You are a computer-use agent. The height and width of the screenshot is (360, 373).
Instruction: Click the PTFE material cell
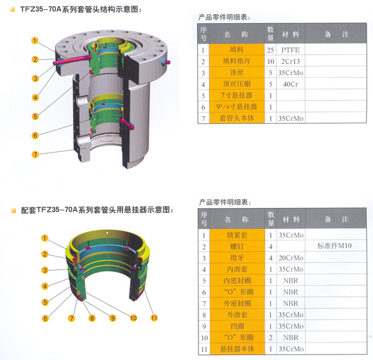(x=290, y=50)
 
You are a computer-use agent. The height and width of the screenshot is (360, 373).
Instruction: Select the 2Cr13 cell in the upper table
(x=290, y=61)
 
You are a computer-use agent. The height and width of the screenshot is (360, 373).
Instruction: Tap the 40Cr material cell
(x=290, y=84)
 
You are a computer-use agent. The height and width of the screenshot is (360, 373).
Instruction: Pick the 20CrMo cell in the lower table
(x=291, y=258)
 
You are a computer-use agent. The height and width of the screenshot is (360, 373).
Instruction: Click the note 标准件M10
(x=334, y=245)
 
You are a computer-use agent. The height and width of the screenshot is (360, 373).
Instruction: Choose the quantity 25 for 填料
(x=270, y=50)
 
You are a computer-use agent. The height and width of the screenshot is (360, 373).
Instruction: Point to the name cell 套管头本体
(x=236, y=118)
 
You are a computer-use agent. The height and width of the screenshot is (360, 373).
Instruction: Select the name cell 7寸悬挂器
(x=236, y=96)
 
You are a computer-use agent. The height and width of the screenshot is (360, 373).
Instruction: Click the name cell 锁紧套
(x=237, y=235)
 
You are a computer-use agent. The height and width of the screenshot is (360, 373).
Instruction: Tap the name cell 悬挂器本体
(x=237, y=349)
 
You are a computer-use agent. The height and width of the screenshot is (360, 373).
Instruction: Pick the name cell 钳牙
(x=237, y=258)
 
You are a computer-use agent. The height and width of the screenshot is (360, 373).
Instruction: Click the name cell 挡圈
(x=237, y=326)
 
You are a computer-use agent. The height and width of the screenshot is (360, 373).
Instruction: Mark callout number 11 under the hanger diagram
(x=154, y=318)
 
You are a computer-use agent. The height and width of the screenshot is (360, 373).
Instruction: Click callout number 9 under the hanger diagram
(x=113, y=318)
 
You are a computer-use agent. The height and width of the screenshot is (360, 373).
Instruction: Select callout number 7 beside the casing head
(x=35, y=155)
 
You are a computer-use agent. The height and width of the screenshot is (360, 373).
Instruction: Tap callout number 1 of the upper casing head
(x=34, y=40)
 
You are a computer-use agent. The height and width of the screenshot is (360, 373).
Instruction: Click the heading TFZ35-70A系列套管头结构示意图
(x=81, y=9)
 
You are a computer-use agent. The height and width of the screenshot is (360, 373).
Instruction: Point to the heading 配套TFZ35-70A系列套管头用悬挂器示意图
(x=97, y=210)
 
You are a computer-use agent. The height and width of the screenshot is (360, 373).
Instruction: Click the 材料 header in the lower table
(x=291, y=219)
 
